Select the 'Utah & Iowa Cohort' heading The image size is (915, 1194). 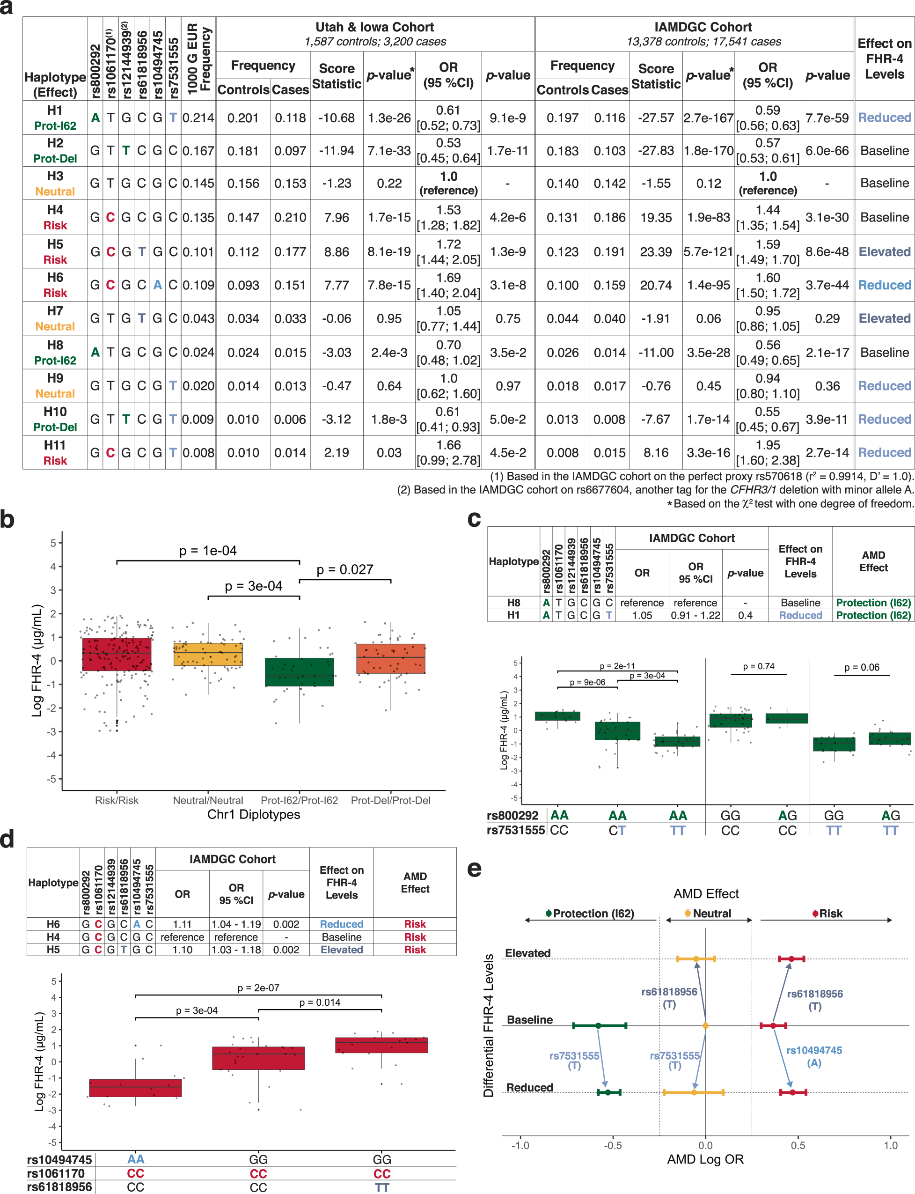point(375,27)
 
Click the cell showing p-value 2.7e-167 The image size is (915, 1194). point(708,118)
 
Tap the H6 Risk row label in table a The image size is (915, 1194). point(55,285)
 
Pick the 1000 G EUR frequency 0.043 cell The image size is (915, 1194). point(198,318)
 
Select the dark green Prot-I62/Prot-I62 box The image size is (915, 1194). point(299,671)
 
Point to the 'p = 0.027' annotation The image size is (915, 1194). point(345,569)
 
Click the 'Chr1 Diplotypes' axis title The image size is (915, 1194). point(253,814)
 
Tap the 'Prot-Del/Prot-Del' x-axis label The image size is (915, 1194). point(390,800)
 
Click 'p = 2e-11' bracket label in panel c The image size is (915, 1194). point(617,665)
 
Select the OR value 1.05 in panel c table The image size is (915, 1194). point(642,615)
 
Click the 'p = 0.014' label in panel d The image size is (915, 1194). point(320,1002)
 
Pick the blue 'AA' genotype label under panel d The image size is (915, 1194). point(136,1159)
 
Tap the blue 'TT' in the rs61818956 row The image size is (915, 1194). point(382,1187)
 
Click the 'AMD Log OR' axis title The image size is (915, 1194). point(705,1159)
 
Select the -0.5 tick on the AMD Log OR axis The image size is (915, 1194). point(613,1145)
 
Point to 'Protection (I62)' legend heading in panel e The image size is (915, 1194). point(593,914)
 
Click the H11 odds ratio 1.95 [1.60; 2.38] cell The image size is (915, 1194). point(768,452)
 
